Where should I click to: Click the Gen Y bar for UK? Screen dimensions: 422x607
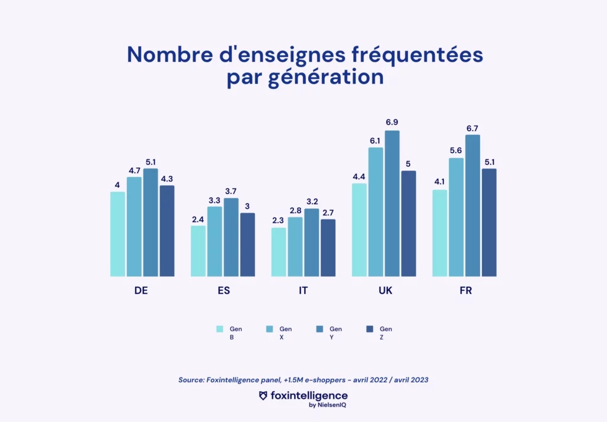pos(392,204)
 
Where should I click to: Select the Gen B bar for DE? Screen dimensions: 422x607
pos(118,234)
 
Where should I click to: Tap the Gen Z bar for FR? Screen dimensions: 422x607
pos(489,223)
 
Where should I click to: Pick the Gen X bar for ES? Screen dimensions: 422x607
pos(215,242)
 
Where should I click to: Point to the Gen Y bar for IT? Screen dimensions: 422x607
pos(311,242)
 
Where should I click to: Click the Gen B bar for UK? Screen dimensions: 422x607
pos(359,230)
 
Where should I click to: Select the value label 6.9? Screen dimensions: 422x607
pos(392,122)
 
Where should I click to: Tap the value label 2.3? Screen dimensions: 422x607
pos(279,220)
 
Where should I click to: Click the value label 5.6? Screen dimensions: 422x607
pos(456,150)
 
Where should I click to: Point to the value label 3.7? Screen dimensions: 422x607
pos(231,190)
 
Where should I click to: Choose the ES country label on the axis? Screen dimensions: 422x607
pos(223,291)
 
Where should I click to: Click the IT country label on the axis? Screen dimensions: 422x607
pos(303,291)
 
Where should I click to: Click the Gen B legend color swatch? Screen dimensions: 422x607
pos(220,329)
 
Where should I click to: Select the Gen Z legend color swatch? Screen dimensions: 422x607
pos(369,329)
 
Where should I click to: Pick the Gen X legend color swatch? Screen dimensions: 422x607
pos(270,329)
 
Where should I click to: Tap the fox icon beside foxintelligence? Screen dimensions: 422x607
pos(264,395)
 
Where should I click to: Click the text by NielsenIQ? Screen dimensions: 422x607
pos(325,405)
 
